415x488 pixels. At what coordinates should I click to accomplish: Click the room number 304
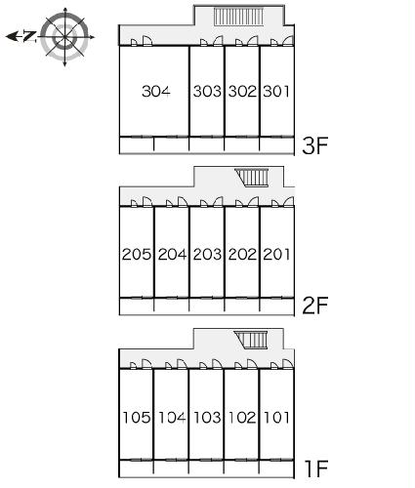click(156, 91)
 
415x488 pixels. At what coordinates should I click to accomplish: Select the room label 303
click(207, 91)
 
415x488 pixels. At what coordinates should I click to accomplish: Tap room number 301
click(276, 91)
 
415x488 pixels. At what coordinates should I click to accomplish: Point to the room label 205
click(137, 254)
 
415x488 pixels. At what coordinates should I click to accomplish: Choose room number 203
click(207, 254)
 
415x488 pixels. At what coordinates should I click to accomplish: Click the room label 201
click(276, 254)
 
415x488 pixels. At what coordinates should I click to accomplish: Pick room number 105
click(137, 417)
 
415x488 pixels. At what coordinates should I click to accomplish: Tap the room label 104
click(172, 417)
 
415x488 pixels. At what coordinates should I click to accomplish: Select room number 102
click(242, 417)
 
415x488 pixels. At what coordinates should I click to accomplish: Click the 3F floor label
click(314, 145)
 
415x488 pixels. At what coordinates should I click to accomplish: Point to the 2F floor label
click(314, 305)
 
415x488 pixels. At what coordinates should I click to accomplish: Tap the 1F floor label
click(315, 468)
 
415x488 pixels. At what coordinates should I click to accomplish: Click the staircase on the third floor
click(238, 17)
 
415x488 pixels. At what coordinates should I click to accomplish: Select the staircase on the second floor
click(252, 178)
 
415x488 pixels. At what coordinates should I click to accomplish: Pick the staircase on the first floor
click(251, 340)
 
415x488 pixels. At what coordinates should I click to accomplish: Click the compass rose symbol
click(65, 37)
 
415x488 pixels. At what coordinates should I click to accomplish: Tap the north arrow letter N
click(29, 36)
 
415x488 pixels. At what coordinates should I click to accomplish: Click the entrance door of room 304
click(147, 40)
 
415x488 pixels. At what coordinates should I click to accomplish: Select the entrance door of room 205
click(147, 202)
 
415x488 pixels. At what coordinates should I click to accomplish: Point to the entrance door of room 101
click(288, 364)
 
